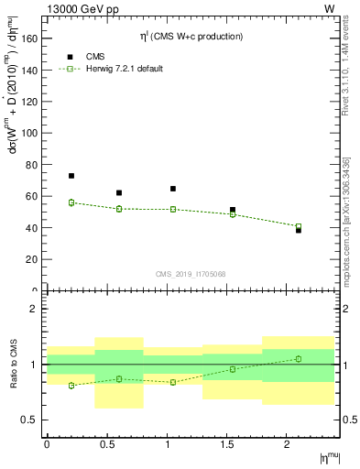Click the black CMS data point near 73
pos(71,176)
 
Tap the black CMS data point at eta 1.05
pos(173,189)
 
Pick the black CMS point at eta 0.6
pos(119,192)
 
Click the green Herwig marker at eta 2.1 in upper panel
pos(299,226)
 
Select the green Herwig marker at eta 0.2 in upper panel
pos(71,202)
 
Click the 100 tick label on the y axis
pos(32,133)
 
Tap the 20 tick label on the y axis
pos(35,259)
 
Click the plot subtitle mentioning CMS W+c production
pos(191,37)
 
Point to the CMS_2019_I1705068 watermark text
pos(191,273)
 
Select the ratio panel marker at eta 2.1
pos(299,358)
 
